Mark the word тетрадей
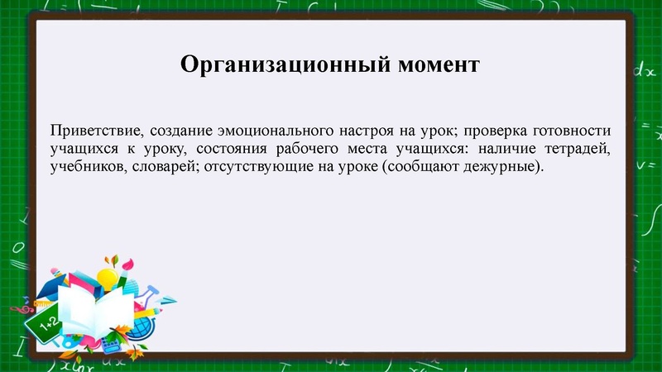[x=576, y=150]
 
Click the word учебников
[x=86, y=168]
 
